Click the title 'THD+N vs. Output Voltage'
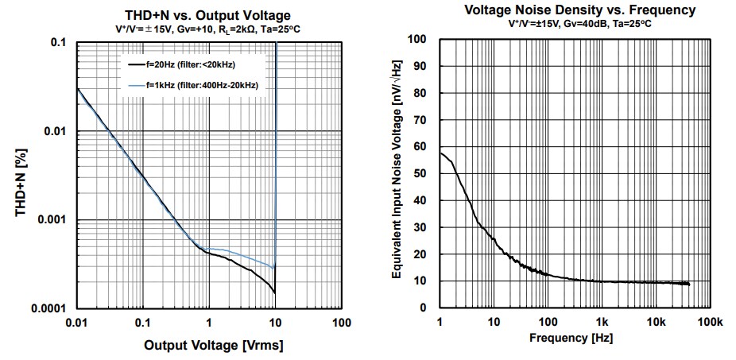pos(208,16)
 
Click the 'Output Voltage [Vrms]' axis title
pos(213,346)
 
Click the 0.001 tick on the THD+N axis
pos(55,220)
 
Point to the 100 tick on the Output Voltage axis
pos(342,323)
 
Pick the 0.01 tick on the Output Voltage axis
pos(77,323)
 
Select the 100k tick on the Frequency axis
pos(709,323)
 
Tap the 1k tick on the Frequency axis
pos(602,323)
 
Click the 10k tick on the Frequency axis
pos(656,323)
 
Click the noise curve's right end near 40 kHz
pos(688,284)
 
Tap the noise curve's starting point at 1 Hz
pos(440,153)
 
